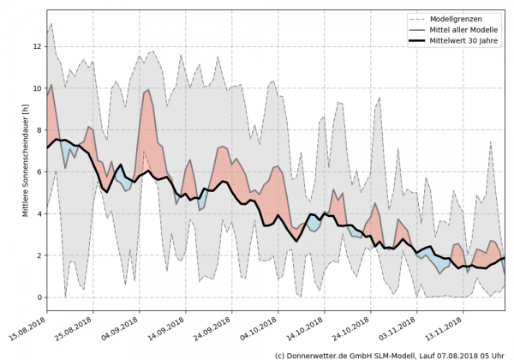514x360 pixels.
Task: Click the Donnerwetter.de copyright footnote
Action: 389,354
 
